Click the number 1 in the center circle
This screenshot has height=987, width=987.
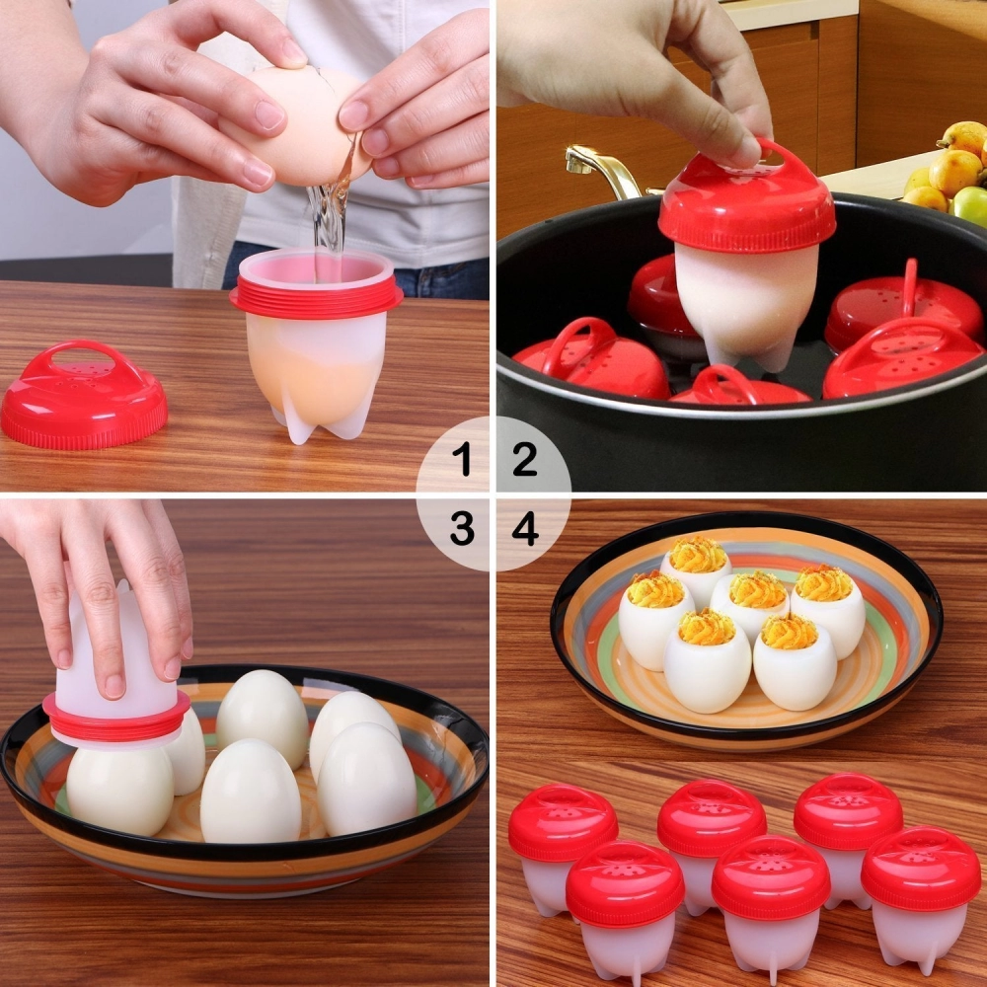pos(461,459)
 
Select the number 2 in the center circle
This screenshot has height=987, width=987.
pos(524,459)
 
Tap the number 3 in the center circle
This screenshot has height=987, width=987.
pos(461,530)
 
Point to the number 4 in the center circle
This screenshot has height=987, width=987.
pos(525,530)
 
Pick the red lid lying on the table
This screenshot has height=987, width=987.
pos(84,395)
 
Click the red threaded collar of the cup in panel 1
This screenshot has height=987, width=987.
pos(316,296)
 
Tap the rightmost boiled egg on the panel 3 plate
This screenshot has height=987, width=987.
pos(367,780)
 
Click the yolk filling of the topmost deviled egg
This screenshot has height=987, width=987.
pos(697,556)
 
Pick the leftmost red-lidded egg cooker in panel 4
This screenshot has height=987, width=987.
pos(562,839)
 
